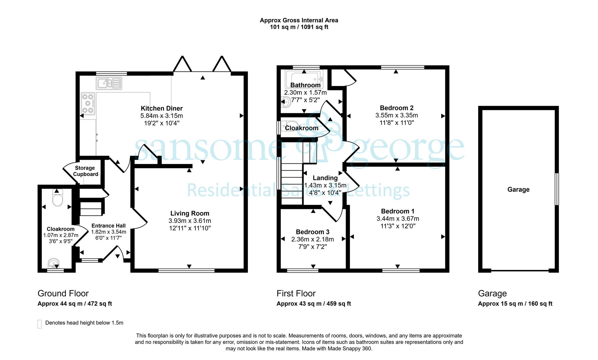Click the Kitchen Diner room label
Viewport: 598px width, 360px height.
(x=162, y=108)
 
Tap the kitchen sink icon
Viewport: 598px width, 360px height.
(x=109, y=83)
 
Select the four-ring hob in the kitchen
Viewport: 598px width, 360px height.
(x=88, y=104)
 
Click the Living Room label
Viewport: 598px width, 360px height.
(x=190, y=213)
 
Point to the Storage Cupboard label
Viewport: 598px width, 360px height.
(x=85, y=171)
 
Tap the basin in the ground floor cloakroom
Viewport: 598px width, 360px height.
(x=53, y=264)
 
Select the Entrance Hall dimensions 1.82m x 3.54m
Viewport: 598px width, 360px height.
(x=109, y=232)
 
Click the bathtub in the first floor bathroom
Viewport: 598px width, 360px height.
(x=304, y=79)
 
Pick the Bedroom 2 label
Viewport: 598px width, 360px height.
(x=397, y=108)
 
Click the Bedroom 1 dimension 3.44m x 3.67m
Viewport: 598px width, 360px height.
(x=398, y=219)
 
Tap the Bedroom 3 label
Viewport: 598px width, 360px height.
(x=313, y=232)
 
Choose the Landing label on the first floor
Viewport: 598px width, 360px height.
(x=325, y=178)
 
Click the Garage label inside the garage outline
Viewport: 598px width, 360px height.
(x=518, y=190)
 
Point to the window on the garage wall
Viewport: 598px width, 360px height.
(x=556, y=189)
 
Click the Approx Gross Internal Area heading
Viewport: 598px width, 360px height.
(x=299, y=20)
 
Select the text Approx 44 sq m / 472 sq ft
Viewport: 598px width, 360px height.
(x=75, y=304)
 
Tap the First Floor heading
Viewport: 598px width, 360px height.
(x=296, y=293)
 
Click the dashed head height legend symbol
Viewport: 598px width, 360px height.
(x=40, y=324)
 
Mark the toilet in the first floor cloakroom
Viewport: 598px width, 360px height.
(x=287, y=127)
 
